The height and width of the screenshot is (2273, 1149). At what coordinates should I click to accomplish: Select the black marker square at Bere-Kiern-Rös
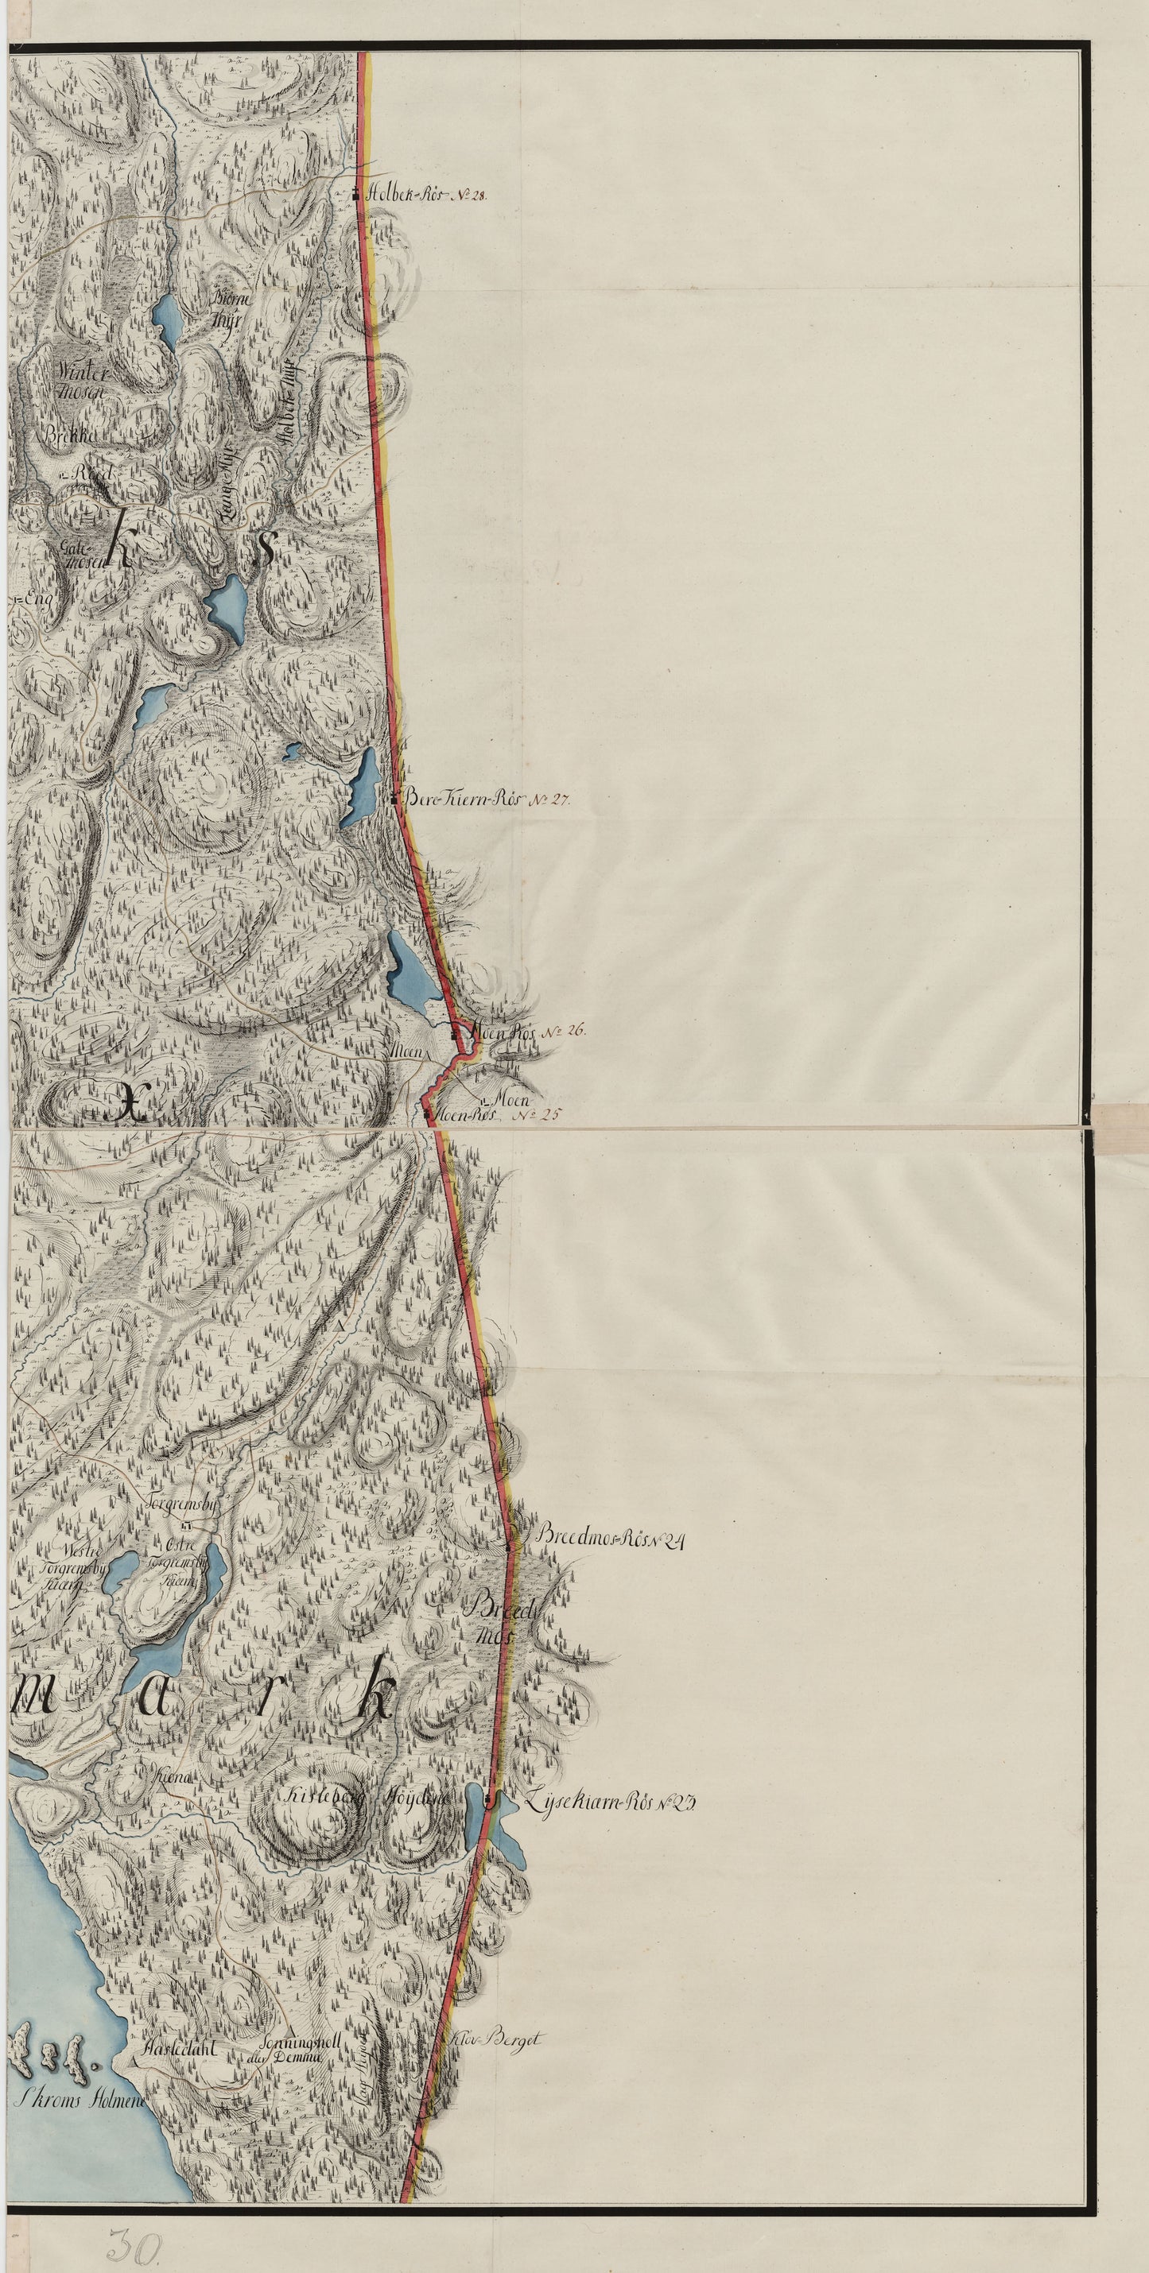pyautogui.click(x=393, y=800)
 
